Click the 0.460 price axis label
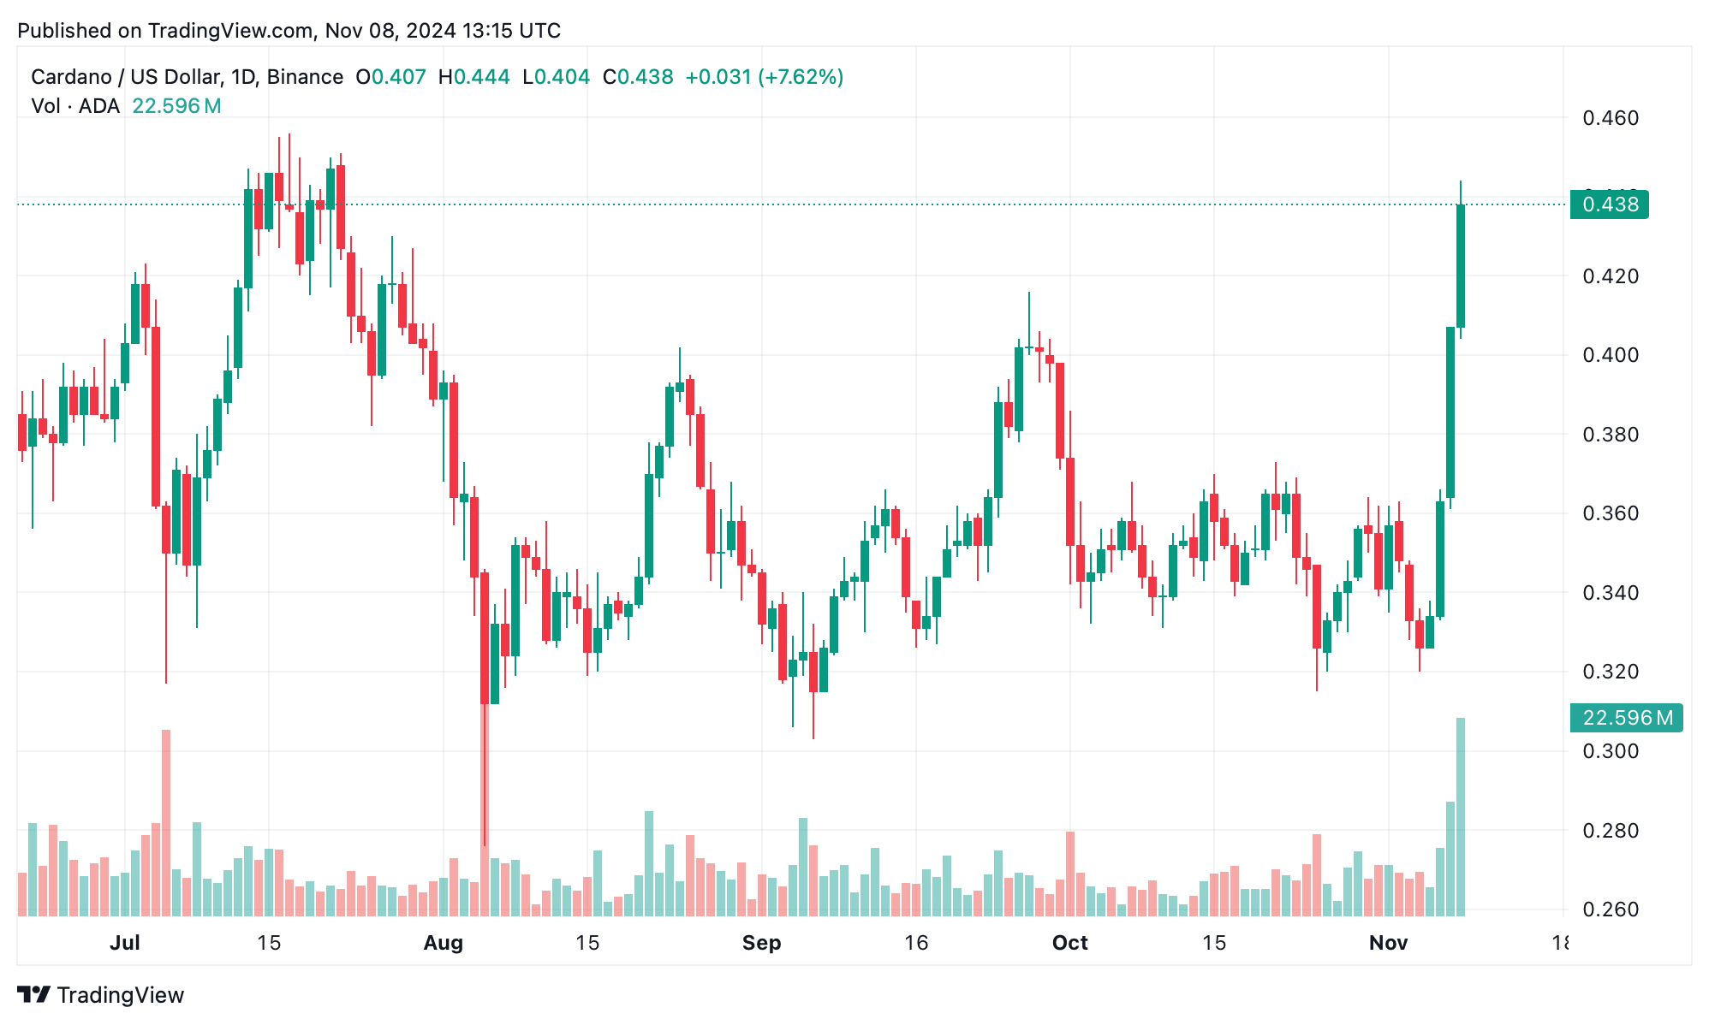pos(1610,118)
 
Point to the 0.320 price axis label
pos(1610,672)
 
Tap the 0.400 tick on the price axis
pos(1610,355)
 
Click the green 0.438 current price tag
pos(1610,204)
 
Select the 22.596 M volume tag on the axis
pos(1626,718)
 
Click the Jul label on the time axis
pos(125,943)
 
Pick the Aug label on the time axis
pos(444,943)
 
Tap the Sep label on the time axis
pos(761,943)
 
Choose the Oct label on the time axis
pos(1069,943)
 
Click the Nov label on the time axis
pos(1388,943)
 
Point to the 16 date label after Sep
pos(916,943)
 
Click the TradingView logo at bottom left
pos(101,995)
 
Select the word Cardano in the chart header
pos(71,77)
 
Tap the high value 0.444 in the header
pos(481,77)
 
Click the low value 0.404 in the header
pos(562,77)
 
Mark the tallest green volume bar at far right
pos(1461,817)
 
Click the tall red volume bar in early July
pos(166,821)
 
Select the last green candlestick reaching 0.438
pos(1461,265)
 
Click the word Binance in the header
pos(305,77)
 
